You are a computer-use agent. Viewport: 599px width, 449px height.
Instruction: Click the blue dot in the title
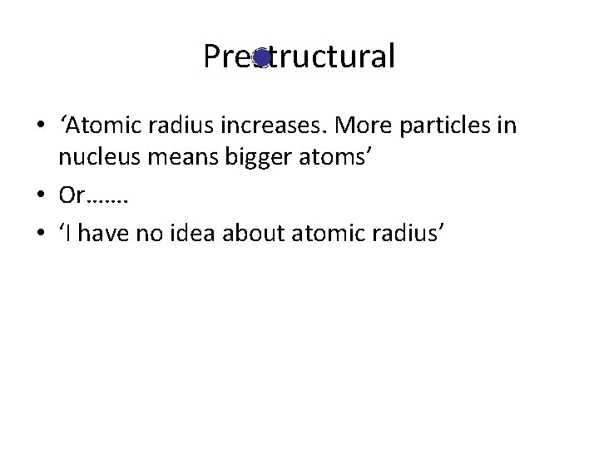(261, 58)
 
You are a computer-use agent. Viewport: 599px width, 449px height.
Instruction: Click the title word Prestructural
(299, 57)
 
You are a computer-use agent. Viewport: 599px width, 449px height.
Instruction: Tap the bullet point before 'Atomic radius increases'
(41, 127)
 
